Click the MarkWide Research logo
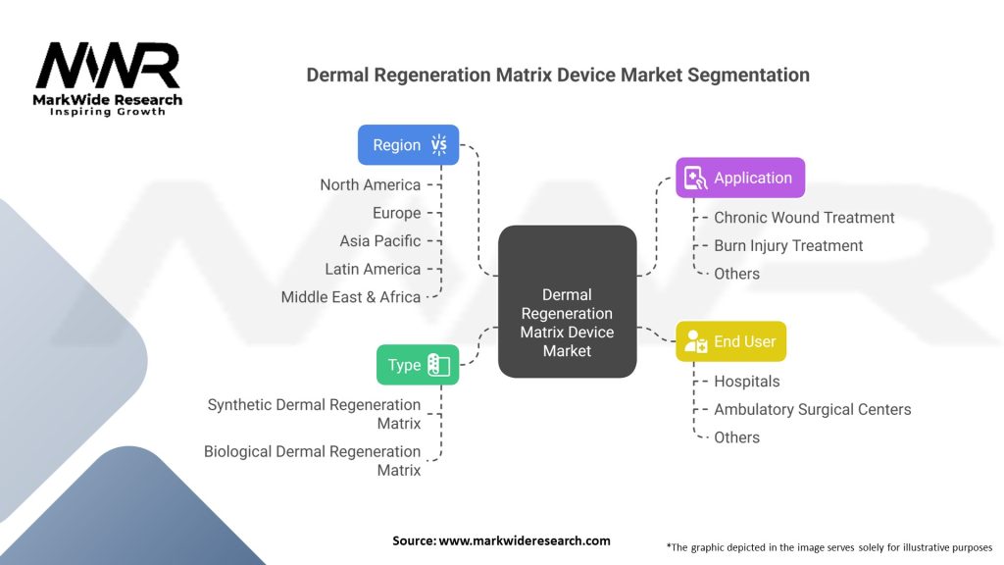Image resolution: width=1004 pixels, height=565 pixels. click(108, 78)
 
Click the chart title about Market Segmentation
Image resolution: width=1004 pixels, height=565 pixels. click(558, 75)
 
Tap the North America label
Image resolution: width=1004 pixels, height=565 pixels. click(370, 184)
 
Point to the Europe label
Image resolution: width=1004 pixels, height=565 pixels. click(396, 213)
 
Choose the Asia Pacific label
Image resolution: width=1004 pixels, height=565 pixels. click(379, 240)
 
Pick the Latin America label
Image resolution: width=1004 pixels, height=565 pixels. click(373, 269)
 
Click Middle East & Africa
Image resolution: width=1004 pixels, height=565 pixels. click(350, 296)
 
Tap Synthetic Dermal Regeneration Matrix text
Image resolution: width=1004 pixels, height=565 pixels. click(314, 414)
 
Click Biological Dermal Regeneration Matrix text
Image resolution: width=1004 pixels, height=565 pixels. click(312, 461)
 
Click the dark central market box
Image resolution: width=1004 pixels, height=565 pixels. click(567, 302)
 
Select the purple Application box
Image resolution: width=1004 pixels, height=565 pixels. click(740, 178)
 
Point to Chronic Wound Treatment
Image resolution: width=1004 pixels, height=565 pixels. click(804, 218)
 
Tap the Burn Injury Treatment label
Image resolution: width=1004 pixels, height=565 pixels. click(788, 245)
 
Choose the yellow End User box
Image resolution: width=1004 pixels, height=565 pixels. click(730, 341)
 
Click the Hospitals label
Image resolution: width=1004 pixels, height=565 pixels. click(747, 382)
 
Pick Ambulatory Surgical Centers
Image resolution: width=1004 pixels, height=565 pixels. click(812, 409)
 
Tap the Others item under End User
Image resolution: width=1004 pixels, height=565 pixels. click(736, 437)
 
